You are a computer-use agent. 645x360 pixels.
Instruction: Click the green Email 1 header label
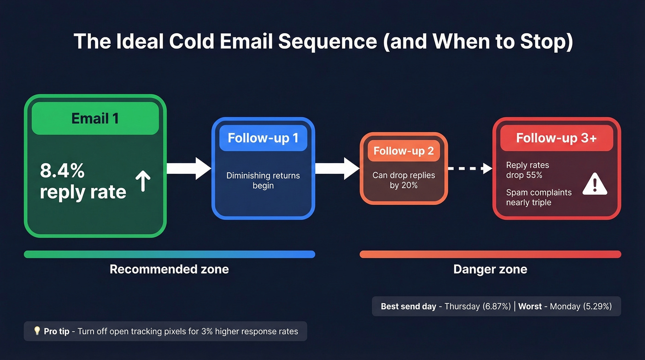[95, 118]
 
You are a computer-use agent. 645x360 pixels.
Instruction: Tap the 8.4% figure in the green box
[62, 171]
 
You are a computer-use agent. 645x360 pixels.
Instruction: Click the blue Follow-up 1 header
[263, 138]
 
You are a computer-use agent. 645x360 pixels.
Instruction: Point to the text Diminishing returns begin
[263, 181]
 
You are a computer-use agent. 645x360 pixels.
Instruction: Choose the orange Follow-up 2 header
[404, 151]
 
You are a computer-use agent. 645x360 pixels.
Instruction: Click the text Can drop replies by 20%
[404, 180]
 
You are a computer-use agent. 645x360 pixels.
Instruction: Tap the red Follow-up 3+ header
[556, 138]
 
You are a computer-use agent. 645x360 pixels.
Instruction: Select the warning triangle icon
[595, 185]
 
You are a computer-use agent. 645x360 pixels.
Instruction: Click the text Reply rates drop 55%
[527, 170]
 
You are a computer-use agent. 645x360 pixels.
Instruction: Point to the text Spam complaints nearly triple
[538, 197]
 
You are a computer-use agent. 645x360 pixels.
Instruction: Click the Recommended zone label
[169, 269]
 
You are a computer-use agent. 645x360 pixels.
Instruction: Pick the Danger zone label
[490, 269]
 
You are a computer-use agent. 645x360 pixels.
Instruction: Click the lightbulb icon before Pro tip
[37, 331]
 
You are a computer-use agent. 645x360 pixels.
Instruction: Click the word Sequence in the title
[328, 41]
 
